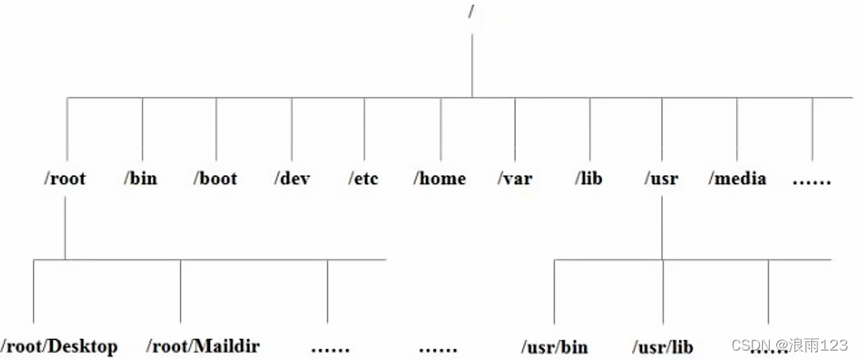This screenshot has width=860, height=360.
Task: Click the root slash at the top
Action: pyautogui.click(x=471, y=13)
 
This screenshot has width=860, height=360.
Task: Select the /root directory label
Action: pyautogui.click(x=65, y=178)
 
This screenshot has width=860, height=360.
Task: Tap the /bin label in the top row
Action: pyautogui.click(x=141, y=178)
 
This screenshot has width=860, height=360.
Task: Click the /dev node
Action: pyautogui.click(x=292, y=178)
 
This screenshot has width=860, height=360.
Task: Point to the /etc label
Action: pyautogui.click(x=363, y=178)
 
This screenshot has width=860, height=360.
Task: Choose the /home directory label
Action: pyautogui.click(x=439, y=179)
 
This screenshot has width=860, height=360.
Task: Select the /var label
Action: pyautogui.click(x=514, y=179)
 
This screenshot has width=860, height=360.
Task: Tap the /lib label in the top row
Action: pyautogui.click(x=588, y=179)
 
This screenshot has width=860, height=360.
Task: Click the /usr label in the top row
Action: pyautogui.click(x=661, y=179)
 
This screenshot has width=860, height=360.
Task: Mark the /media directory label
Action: pyautogui.click(x=737, y=179)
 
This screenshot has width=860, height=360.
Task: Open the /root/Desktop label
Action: pyautogui.click(x=60, y=346)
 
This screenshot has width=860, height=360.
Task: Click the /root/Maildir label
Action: pyautogui.click(x=203, y=346)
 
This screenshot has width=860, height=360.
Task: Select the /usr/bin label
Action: pyautogui.click(x=554, y=347)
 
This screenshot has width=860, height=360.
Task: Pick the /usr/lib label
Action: pyautogui.click(x=663, y=347)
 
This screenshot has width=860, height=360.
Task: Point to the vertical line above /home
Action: pyautogui.click(x=441, y=130)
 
